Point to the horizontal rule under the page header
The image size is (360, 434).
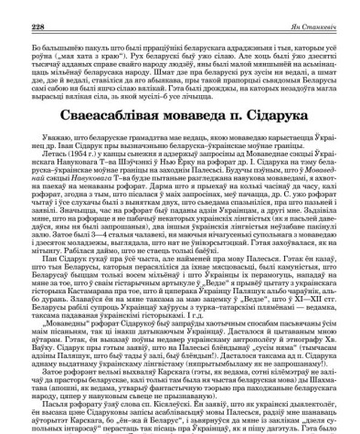coord(180,16)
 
